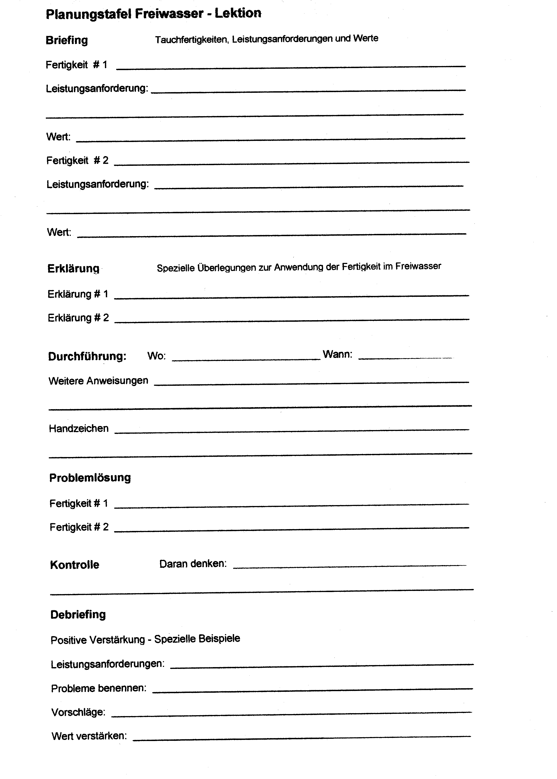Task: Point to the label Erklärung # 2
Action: pos(78,318)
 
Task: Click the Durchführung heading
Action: pos(87,356)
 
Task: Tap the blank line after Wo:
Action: pos(246,359)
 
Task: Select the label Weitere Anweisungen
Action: pos(98,381)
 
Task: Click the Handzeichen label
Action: pos(79,428)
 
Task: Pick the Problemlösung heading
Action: pos(90,478)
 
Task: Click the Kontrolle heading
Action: pos(74,565)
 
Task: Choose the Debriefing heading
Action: pos(78,614)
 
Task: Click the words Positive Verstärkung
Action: pos(98,640)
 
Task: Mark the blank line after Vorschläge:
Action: pos(292,714)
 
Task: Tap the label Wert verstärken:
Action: pos(89,736)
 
